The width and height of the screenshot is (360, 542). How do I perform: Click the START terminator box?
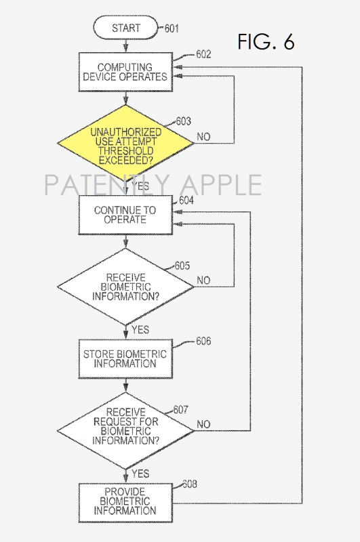(125, 28)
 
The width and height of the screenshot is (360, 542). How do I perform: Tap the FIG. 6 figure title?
(266, 42)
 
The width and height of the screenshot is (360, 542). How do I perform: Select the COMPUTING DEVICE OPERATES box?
(125, 72)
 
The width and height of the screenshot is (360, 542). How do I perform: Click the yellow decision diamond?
(125, 143)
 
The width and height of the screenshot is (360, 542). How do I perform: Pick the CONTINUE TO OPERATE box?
(125, 215)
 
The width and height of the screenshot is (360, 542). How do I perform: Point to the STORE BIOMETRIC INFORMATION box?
(125, 359)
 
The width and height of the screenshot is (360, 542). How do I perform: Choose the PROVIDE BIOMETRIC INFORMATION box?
(125, 503)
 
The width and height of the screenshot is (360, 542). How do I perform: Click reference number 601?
(172, 28)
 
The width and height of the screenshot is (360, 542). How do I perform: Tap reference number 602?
(203, 54)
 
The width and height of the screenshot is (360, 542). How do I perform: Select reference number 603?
(183, 121)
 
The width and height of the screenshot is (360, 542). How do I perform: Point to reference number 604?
(186, 201)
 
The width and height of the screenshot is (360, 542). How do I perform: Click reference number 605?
(182, 266)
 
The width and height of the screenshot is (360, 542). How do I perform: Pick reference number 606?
(203, 341)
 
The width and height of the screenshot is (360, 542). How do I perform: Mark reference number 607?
(181, 410)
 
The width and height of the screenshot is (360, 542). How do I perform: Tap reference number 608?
(190, 484)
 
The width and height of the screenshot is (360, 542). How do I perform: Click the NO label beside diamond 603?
(203, 137)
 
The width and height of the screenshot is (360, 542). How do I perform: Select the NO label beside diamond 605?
(203, 280)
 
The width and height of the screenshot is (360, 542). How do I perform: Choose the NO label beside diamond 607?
(203, 424)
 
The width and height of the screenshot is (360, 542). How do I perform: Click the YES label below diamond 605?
(140, 330)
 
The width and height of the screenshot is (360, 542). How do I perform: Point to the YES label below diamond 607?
(140, 474)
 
